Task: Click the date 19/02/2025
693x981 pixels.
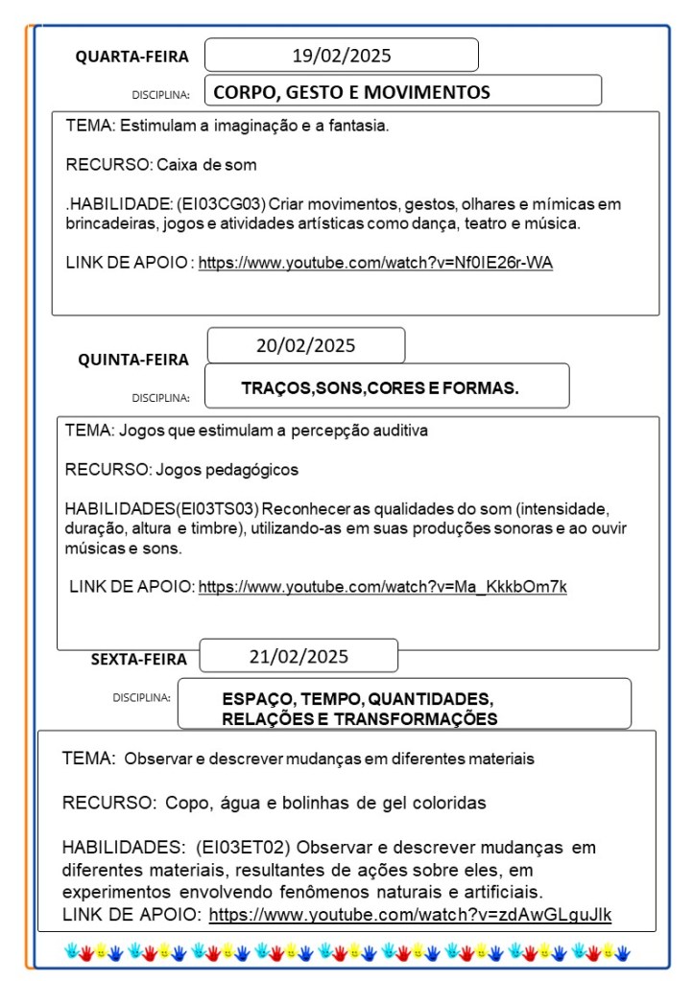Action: (x=342, y=56)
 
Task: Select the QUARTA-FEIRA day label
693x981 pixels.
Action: (x=132, y=58)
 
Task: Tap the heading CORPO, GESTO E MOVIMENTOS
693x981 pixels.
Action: (x=351, y=93)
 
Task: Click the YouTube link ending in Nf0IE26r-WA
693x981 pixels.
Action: (x=375, y=264)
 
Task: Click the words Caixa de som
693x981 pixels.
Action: (x=206, y=164)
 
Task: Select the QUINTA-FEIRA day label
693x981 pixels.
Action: (x=133, y=361)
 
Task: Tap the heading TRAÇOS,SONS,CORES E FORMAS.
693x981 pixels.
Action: (x=380, y=388)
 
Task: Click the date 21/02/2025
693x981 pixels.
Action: (x=299, y=657)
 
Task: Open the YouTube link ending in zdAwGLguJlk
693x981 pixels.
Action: (x=410, y=915)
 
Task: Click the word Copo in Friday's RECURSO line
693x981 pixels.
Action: (x=185, y=803)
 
